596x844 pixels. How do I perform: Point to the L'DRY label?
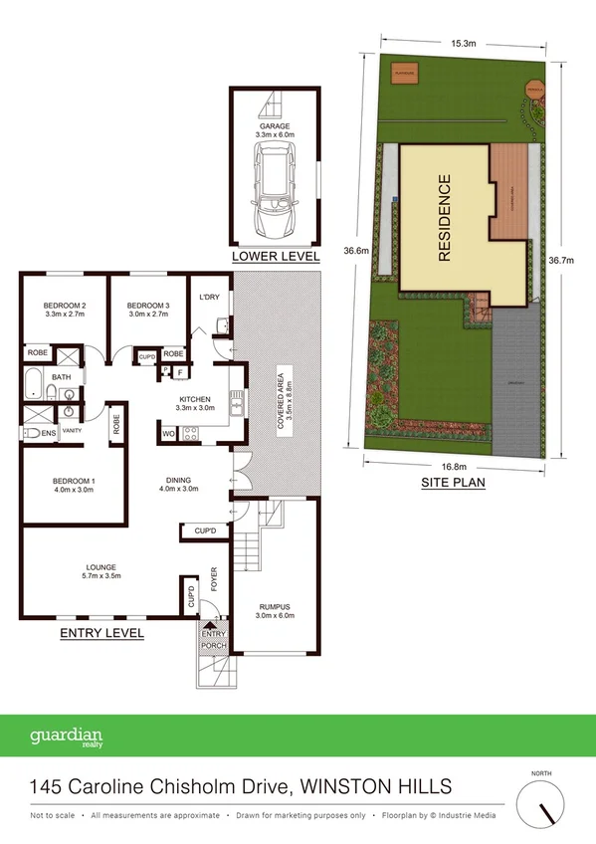tap(209, 298)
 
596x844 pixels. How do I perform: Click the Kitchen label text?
tap(195, 401)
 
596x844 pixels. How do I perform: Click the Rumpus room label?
tap(273, 610)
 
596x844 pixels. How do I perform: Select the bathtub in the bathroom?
tap(35, 383)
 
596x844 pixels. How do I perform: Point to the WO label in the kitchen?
tap(167, 433)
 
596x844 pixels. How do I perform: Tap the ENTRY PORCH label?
tap(214, 640)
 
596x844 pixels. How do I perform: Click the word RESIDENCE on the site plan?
tap(444, 218)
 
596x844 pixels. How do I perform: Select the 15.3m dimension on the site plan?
tap(463, 44)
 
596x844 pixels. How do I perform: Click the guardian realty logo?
tap(67, 738)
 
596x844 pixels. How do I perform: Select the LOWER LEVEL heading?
tap(276, 257)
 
